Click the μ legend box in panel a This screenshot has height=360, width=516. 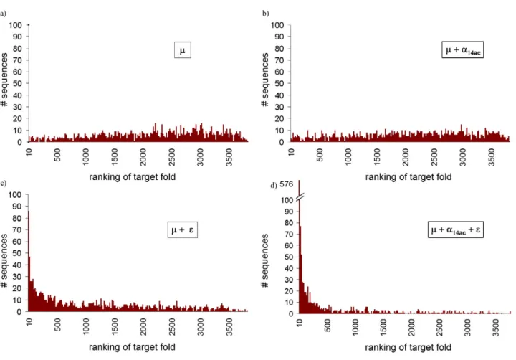183,50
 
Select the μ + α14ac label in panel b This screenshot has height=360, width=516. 463,50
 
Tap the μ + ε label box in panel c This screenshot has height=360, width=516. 183,229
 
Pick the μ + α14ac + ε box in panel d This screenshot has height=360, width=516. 456,229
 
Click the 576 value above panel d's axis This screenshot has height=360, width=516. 286,184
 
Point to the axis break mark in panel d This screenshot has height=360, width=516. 300,197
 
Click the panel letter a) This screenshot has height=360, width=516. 3,14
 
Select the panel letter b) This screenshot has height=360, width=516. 266,14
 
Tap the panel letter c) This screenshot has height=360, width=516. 3,183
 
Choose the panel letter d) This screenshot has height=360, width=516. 274,186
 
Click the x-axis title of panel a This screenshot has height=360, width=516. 133,177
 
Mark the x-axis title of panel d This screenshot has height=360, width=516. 408,347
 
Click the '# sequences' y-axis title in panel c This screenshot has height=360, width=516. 4,260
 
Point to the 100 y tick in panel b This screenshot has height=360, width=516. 277,25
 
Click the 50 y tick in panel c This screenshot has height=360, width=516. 17,253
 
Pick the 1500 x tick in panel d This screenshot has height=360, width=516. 383,327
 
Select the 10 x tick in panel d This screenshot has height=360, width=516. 300,323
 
